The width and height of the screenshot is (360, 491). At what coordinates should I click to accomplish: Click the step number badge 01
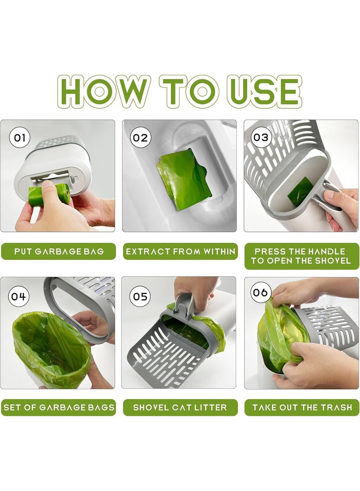(19, 137)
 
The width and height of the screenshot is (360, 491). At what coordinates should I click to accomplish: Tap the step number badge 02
(139, 137)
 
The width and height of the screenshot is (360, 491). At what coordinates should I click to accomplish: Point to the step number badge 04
(19, 297)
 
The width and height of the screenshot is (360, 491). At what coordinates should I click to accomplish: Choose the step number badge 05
(139, 297)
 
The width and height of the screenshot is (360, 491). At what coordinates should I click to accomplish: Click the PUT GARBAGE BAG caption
(58, 252)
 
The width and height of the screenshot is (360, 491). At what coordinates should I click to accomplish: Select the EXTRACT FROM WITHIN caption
(180, 252)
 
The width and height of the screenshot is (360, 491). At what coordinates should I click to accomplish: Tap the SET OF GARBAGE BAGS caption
(58, 408)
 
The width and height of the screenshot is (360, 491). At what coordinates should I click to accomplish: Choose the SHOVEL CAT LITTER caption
(180, 408)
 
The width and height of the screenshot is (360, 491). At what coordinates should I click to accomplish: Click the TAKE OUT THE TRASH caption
(301, 408)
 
